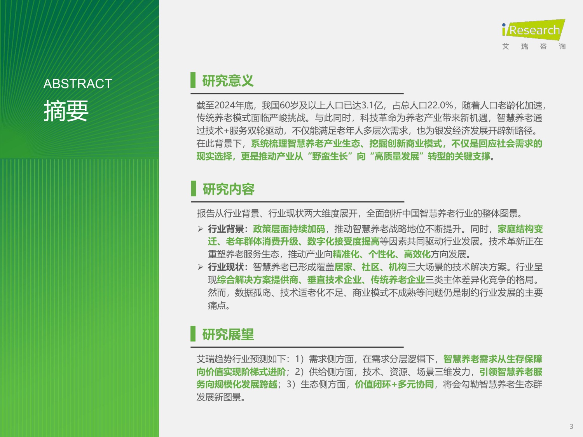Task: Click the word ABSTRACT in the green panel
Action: (x=78, y=84)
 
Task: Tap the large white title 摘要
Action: (x=66, y=111)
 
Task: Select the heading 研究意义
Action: (x=228, y=81)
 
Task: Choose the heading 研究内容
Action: (x=229, y=189)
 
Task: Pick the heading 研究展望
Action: (x=228, y=334)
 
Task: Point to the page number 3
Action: (x=571, y=427)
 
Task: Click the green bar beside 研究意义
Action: (x=193, y=80)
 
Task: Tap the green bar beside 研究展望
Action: (x=193, y=334)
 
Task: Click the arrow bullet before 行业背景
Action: (x=201, y=229)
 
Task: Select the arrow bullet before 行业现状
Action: (x=201, y=267)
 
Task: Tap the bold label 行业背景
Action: (x=226, y=229)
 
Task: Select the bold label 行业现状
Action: (x=226, y=267)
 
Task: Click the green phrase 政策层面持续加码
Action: (x=289, y=229)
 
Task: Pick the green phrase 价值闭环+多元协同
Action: (x=394, y=385)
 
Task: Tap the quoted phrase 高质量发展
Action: (x=396, y=157)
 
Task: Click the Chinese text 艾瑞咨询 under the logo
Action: (x=534, y=47)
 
